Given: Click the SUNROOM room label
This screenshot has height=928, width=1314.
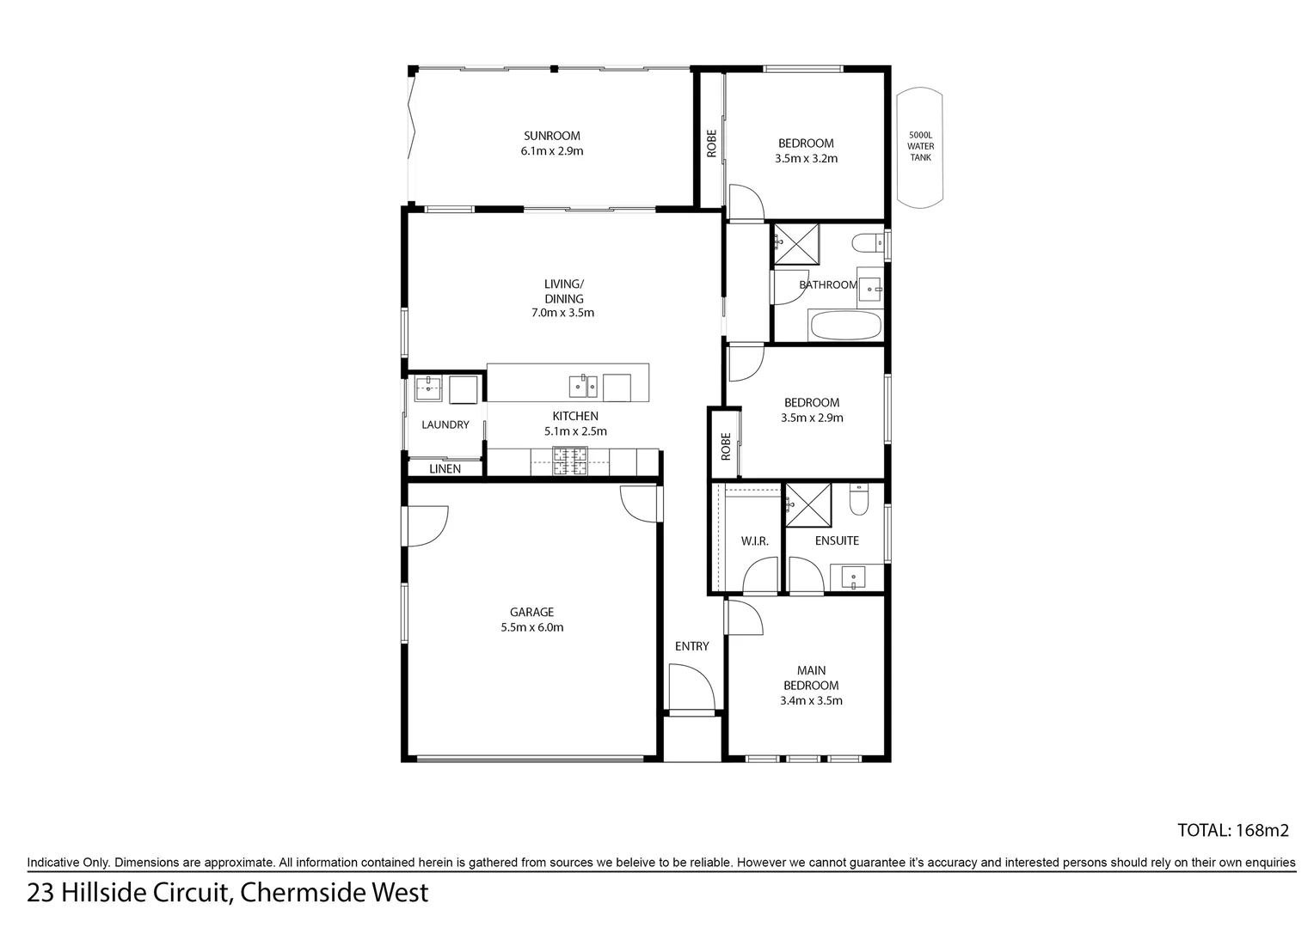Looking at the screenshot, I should tap(551, 136).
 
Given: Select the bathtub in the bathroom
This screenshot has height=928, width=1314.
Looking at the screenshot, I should tap(845, 327).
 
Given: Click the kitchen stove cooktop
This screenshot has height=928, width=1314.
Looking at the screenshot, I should tap(568, 461).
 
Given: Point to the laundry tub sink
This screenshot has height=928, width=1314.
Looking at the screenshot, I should tap(427, 388).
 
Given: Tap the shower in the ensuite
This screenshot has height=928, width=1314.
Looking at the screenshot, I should tap(808, 503).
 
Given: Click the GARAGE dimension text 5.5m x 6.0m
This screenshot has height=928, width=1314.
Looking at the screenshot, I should tap(531, 627).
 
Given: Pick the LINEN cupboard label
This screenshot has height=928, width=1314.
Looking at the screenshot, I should tap(445, 469).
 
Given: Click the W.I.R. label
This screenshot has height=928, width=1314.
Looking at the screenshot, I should tap(754, 541).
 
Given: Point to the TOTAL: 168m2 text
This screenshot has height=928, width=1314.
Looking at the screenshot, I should tap(1232, 830).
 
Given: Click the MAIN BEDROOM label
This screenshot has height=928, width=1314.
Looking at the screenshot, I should tap(811, 678).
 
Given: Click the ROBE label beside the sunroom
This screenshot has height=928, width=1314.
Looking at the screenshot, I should tap(711, 143).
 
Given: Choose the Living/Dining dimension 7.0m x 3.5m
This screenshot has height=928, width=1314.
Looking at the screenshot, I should tap(562, 313).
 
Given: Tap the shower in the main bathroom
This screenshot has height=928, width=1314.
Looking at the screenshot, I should tap(795, 242).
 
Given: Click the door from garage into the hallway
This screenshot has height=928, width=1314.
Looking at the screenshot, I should tap(641, 503).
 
